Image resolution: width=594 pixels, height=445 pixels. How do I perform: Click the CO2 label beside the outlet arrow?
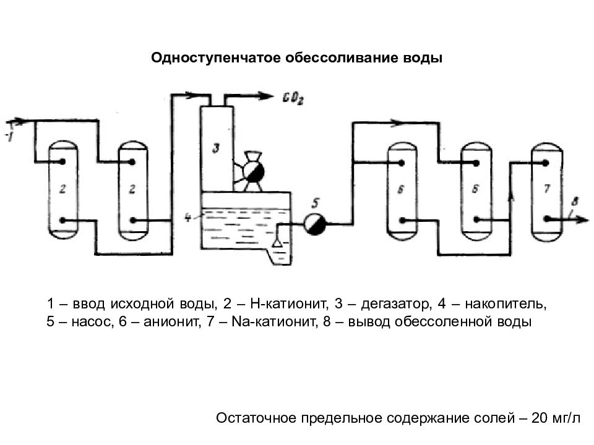coord(293,98)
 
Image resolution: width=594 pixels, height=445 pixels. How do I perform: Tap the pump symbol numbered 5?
coord(315,224)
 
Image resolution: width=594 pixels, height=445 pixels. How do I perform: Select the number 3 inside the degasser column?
coord(216,148)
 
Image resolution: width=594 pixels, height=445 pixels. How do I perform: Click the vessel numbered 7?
coord(546,192)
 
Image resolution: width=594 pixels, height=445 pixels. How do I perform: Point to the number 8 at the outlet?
coord(575,202)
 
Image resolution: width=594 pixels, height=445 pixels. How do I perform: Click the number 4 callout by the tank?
coord(188,218)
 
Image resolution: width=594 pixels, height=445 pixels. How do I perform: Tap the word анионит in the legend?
coord(172,321)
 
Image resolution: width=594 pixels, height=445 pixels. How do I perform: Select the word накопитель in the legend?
coord(506,303)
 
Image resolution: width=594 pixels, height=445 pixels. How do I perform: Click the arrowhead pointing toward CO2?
coord(265,96)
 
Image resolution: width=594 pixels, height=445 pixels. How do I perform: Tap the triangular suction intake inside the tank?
coord(277,242)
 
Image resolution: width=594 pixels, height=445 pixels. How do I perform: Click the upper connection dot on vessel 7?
coord(546,163)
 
